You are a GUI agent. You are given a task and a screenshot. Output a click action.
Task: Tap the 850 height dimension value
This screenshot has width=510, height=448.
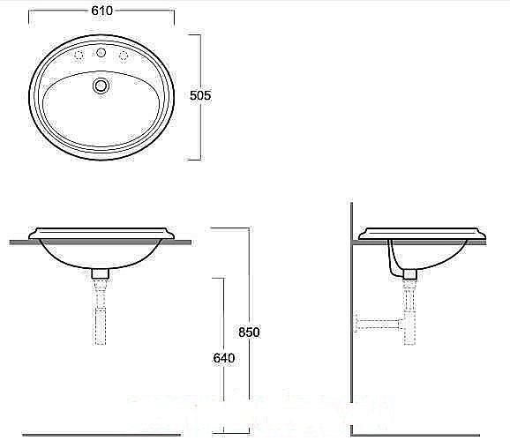[250, 332]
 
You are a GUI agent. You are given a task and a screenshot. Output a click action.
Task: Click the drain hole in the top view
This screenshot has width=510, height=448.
[101, 86]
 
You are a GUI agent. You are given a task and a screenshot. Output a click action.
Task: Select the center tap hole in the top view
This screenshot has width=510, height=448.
[101, 55]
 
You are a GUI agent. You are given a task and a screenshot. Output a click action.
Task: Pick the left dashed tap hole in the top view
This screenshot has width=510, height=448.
[80, 56]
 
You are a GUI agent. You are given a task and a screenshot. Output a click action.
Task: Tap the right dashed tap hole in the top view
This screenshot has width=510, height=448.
[124, 56]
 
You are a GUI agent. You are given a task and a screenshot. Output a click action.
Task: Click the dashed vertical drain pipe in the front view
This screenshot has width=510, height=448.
[100, 313]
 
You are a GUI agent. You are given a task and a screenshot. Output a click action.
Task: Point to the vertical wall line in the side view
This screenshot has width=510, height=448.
[352, 335]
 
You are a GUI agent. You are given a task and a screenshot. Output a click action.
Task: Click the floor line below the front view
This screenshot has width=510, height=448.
[106, 435]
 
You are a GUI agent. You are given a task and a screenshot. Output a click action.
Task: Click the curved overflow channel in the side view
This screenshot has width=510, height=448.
[393, 258]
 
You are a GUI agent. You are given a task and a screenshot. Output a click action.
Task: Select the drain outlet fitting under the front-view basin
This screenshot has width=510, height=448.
[100, 273]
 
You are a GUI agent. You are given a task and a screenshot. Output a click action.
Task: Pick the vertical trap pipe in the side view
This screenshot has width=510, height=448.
[409, 309]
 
